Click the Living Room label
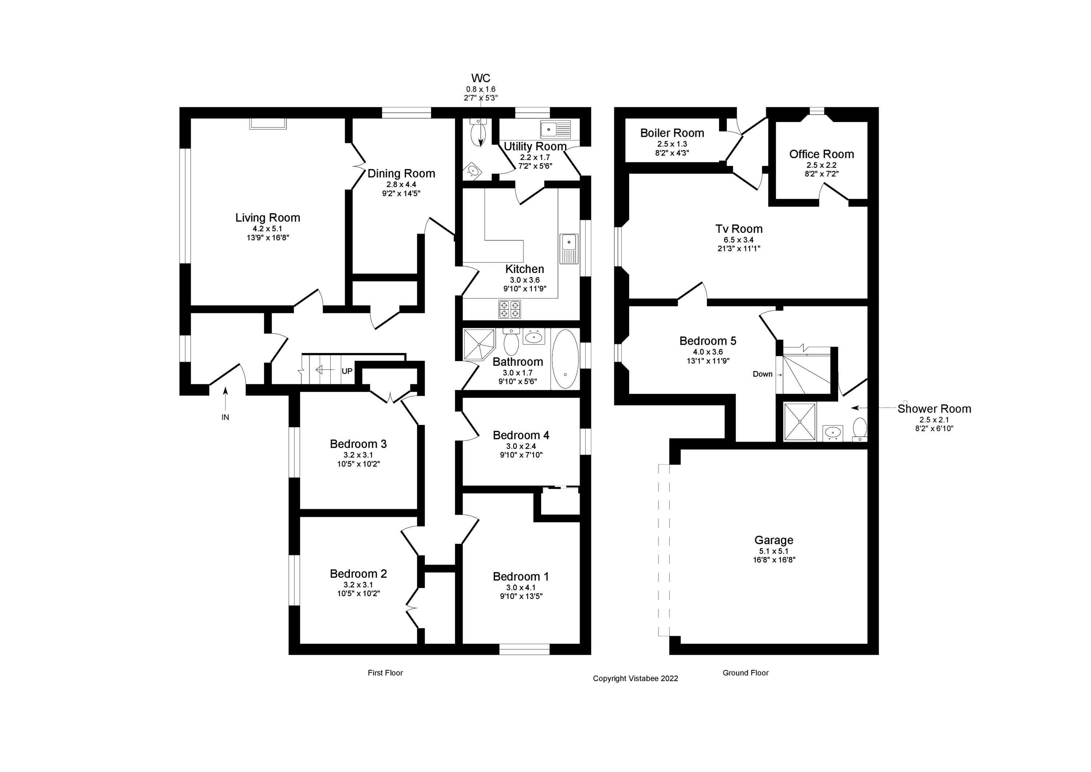coord(268,218)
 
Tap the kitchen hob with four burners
coord(509,309)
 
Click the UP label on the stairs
coord(347,371)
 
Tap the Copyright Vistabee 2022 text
coord(635,678)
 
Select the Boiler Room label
coord(672,133)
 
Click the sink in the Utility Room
coord(555,128)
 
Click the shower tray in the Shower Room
coord(800,421)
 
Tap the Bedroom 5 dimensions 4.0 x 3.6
coord(708,352)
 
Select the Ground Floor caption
coord(745,673)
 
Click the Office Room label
coord(821,154)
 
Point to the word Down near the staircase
coord(762,374)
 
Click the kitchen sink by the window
coord(569,248)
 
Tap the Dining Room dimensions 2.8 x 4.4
coord(401,185)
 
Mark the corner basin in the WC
coord(473,171)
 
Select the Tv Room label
coord(739,229)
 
